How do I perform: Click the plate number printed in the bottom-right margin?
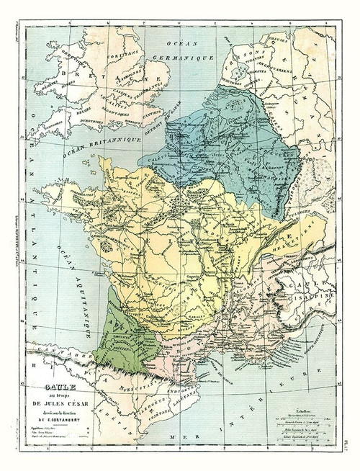[352, 454]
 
